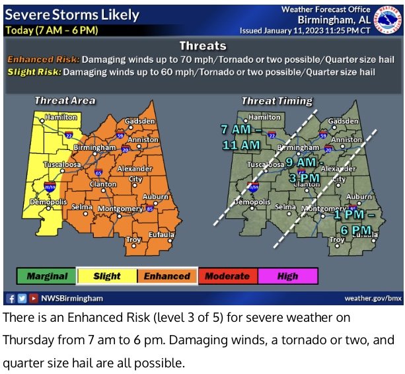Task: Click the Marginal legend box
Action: tap(47, 276)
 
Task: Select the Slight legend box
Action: tap(107, 276)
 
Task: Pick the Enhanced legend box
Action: tap(167, 276)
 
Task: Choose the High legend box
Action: tap(287, 276)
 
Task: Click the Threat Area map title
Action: tap(65, 100)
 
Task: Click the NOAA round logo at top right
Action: tap(387, 19)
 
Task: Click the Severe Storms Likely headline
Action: tap(72, 15)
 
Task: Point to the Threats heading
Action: tap(203, 46)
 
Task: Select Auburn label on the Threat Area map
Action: tap(157, 197)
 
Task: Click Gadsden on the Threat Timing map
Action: tap(343, 122)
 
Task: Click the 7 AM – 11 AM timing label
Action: tap(240, 137)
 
